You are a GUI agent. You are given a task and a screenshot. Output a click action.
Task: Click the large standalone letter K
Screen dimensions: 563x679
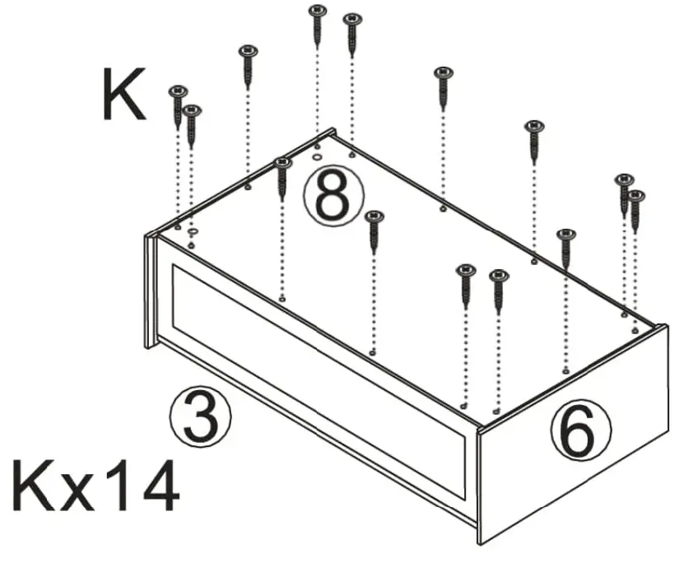123,95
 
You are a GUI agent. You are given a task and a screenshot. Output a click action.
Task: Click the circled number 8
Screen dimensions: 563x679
333,197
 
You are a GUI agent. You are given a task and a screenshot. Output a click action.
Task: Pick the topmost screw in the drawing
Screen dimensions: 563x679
317,12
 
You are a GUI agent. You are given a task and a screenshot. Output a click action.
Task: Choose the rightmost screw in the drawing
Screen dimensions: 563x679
636,197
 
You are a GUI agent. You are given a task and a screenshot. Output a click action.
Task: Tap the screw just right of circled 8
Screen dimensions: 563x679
374,217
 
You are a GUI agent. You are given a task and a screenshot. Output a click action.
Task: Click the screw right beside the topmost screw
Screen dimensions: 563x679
352,18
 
